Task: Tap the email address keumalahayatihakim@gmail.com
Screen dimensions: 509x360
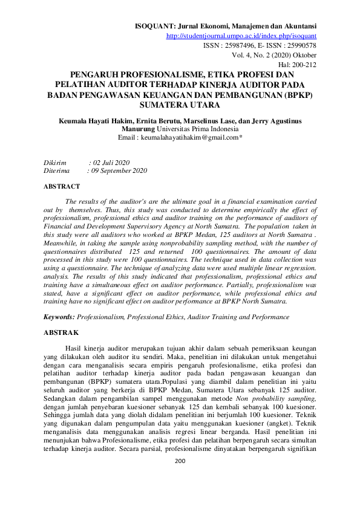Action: (189, 138)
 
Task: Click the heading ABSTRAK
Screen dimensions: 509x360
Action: (61, 332)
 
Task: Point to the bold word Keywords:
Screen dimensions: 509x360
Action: (59, 317)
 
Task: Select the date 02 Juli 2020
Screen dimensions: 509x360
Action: (111, 163)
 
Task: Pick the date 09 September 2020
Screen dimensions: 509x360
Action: (119, 171)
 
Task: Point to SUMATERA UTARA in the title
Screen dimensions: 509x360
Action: (180, 105)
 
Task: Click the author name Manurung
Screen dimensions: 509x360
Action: (137, 129)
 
